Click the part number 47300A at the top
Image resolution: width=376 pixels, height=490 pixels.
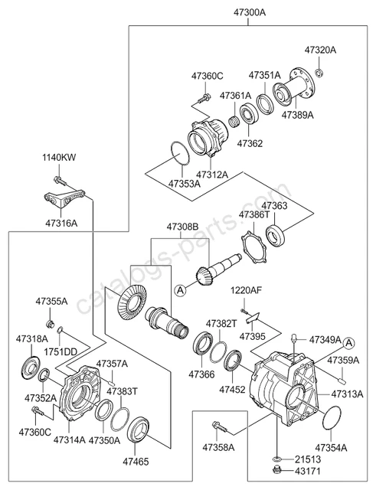(250, 13)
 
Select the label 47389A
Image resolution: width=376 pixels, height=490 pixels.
(297, 115)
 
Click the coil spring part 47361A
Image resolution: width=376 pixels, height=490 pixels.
(234, 121)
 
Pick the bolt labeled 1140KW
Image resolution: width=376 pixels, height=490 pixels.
(60, 181)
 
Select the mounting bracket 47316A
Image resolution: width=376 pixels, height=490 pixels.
(64, 199)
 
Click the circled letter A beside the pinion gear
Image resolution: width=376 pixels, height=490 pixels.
(181, 291)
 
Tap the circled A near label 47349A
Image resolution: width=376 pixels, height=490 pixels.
(349, 343)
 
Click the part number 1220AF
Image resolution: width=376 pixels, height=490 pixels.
(246, 291)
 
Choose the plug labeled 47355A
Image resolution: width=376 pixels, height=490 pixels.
(50, 324)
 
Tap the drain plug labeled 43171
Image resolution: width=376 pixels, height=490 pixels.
(277, 469)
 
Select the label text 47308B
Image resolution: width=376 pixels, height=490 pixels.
(182, 227)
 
